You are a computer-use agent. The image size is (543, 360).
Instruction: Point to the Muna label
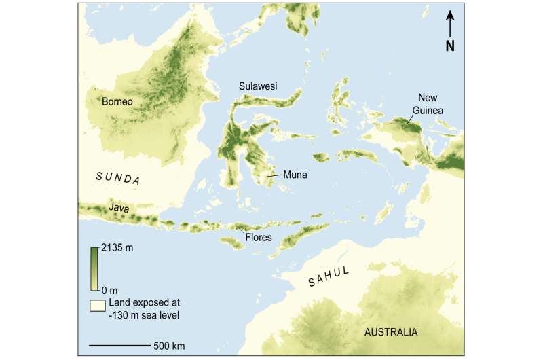click(296, 175)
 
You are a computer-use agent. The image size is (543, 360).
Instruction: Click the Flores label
click(258, 238)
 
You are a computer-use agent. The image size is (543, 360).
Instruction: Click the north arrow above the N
click(450, 27)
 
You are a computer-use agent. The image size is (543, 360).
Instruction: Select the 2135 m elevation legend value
click(117, 249)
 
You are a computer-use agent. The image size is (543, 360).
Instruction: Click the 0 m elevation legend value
click(109, 272)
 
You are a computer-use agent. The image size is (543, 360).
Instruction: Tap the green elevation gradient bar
click(94, 261)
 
